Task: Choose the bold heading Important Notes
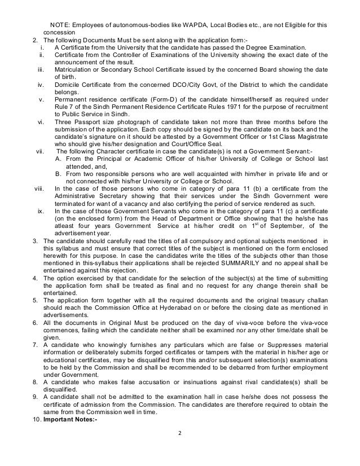69,423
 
